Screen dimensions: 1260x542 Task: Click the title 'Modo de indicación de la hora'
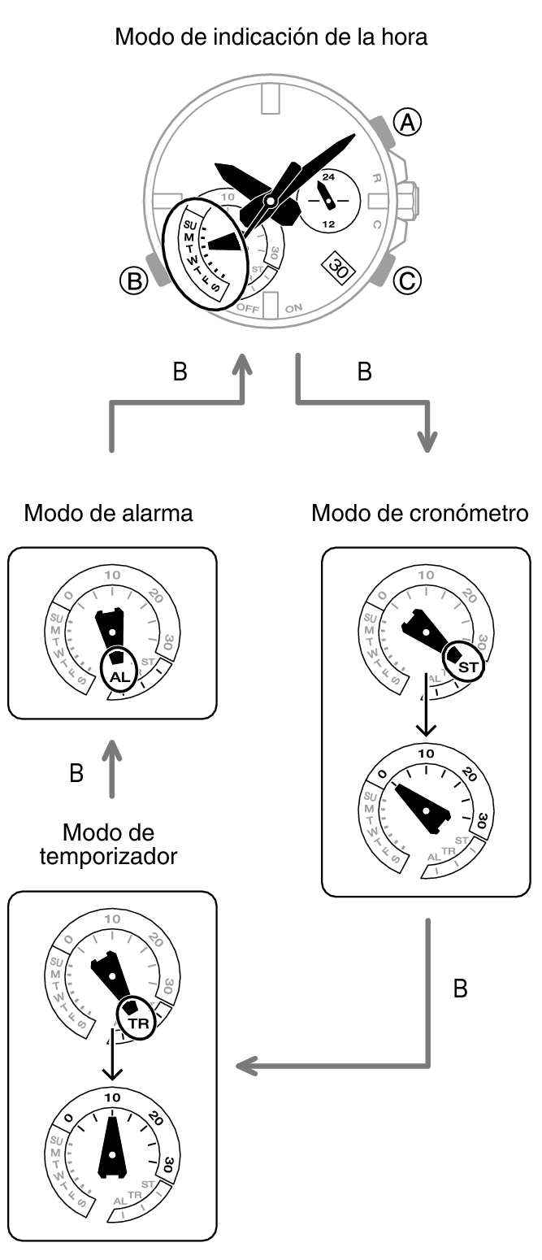click(271, 37)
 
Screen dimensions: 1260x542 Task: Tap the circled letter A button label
click(407, 121)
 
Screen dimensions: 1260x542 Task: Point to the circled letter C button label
click(407, 281)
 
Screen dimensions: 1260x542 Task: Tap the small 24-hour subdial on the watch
click(327, 199)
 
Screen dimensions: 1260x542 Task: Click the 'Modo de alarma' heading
click(109, 514)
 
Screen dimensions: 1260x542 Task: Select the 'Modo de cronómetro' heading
click(420, 514)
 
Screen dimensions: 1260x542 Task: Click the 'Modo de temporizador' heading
click(108, 845)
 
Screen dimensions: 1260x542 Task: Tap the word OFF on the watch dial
click(247, 308)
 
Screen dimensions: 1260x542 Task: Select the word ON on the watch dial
click(294, 307)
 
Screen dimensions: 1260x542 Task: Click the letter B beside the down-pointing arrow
click(365, 372)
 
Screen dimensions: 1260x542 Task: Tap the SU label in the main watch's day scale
click(191, 224)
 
